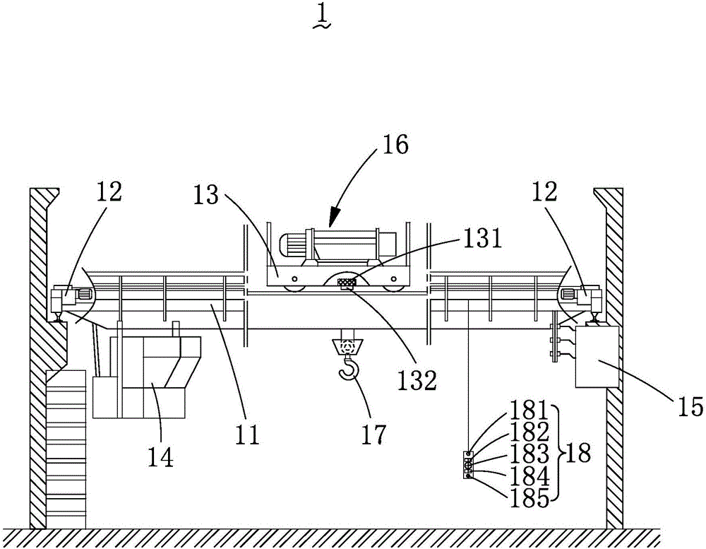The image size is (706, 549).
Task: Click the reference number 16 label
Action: pos(395,145)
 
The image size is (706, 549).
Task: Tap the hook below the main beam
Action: pos(349,367)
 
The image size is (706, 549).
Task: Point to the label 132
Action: pos(417,380)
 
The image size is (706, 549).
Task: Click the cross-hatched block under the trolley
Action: pos(347,282)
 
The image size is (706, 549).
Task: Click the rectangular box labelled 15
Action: pos(597,357)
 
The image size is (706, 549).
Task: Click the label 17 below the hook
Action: pos(373,434)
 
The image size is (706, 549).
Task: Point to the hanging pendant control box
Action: pos(468,464)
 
